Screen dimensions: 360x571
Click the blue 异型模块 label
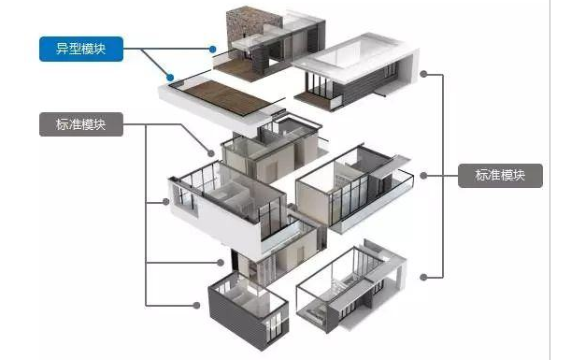tap(80, 48)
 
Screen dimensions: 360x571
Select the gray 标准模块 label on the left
tap(80, 124)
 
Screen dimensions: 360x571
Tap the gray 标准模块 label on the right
tap(500, 175)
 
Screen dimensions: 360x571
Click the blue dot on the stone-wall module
tap(214, 49)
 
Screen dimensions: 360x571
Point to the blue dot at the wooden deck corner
tap(169, 79)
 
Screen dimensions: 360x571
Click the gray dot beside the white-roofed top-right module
tap(424, 72)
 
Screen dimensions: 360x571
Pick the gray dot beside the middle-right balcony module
tap(424, 175)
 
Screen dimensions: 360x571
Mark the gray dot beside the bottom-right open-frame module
tap(424, 277)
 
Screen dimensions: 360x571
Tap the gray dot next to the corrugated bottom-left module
tap(197, 305)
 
